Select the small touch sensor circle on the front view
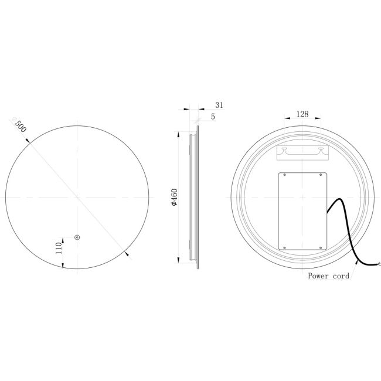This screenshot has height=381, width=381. coord(77,237)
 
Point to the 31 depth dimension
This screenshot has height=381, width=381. coord(219,105)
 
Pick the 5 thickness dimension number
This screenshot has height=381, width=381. coord(213,117)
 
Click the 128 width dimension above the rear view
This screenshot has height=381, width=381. coord(302,114)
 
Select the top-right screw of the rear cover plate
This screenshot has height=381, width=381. coord(321,175)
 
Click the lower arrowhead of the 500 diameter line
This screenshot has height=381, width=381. coord(127,253)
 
